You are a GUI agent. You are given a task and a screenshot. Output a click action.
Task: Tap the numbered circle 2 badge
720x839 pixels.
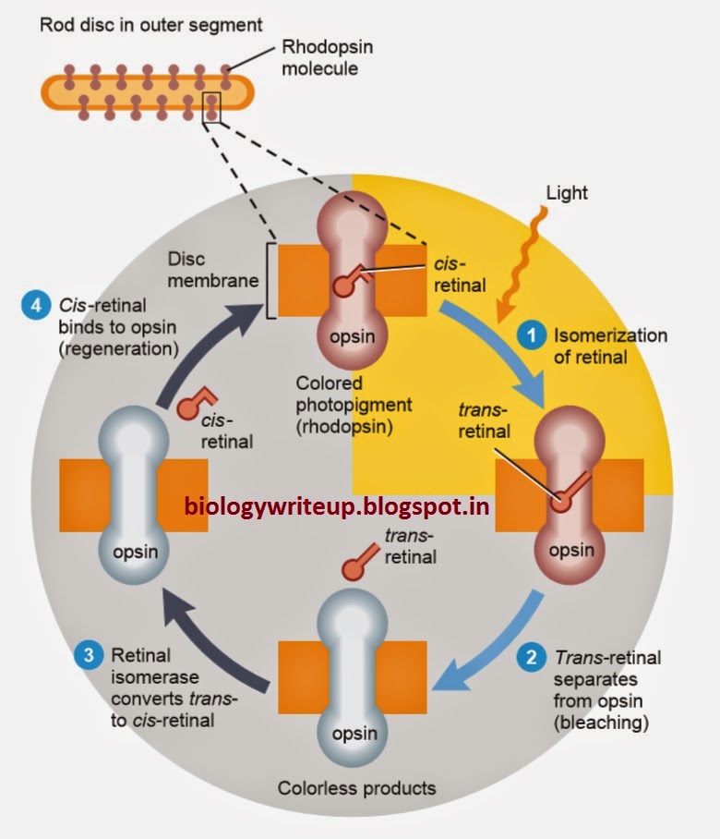531,659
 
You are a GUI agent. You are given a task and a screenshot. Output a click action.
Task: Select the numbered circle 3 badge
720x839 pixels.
86,657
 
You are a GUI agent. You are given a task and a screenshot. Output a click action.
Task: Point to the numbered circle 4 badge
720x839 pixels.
32,306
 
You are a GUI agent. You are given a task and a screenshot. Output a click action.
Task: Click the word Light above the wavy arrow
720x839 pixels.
567,194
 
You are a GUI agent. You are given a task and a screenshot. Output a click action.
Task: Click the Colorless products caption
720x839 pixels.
356,788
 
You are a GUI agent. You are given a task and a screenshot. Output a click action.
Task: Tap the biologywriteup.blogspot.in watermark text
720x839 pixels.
337,505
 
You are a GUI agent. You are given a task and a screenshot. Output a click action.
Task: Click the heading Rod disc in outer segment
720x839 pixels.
150,24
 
